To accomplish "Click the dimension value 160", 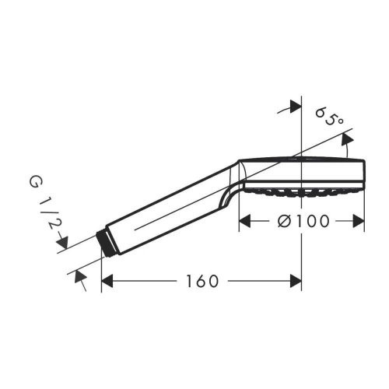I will tap(203, 280).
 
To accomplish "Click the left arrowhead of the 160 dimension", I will tap(108, 280).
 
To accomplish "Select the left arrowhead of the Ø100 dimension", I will tap(244, 221).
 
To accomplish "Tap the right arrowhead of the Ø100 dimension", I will tap(359, 221).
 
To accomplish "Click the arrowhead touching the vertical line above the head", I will tap(294, 107).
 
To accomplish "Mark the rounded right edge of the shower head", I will tap(363, 171).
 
